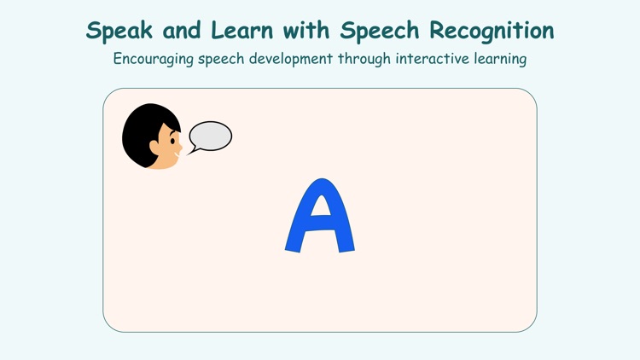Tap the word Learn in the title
240,32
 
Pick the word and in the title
177,32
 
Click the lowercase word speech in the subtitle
225,60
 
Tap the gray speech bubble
211,136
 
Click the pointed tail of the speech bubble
191,151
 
